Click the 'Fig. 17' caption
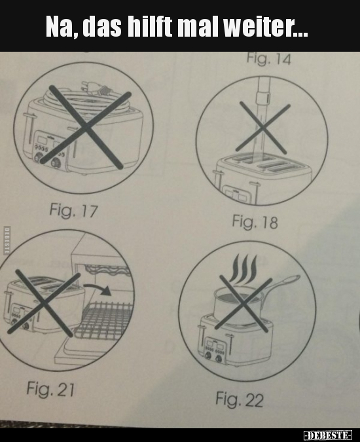point(73,211)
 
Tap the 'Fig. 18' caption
point(255,222)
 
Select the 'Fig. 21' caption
point(50,389)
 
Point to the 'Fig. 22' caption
point(240,399)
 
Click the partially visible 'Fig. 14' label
point(269,59)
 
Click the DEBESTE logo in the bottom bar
point(328,435)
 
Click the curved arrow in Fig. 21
point(97,289)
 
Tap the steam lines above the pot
point(243,269)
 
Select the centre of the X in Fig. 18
point(262,128)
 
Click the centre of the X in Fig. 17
point(85,128)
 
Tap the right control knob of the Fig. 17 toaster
point(56,163)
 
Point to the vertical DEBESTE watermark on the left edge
point(6,240)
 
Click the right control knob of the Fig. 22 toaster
point(219,358)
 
